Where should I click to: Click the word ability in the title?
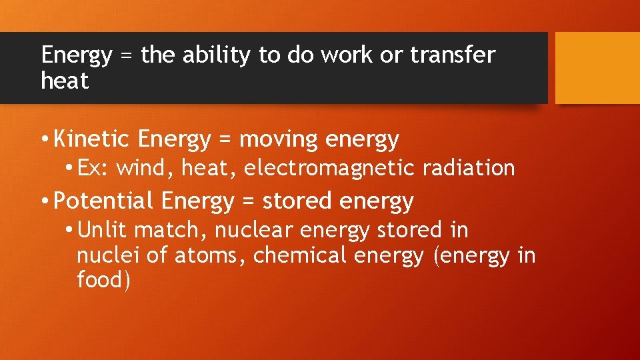(217, 55)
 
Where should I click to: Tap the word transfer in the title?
(453, 55)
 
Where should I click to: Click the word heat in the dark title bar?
(65, 81)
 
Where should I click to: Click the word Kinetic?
(93, 139)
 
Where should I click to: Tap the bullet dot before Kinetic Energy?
(43, 139)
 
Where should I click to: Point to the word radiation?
(469, 168)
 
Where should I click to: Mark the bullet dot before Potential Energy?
(43, 201)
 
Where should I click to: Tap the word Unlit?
(103, 230)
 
